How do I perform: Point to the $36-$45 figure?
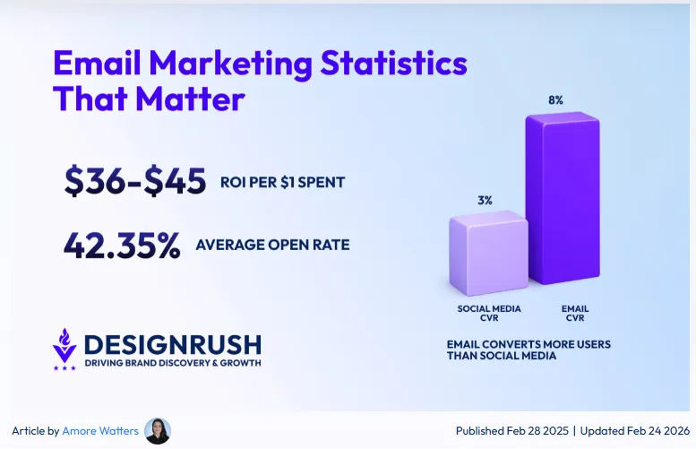click(135, 182)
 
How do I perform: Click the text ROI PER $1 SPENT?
click(282, 183)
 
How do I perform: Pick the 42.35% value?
click(122, 244)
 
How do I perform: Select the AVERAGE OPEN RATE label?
click(272, 244)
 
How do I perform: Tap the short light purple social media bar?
click(487, 254)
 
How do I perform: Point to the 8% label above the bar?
click(555, 100)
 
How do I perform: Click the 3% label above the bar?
click(485, 201)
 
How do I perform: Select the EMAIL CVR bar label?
click(575, 313)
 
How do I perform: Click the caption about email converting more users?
click(528, 350)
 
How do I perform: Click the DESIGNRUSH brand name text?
click(172, 344)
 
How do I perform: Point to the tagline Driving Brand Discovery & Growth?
click(172, 363)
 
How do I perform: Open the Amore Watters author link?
click(100, 431)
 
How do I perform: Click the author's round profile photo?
click(157, 431)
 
